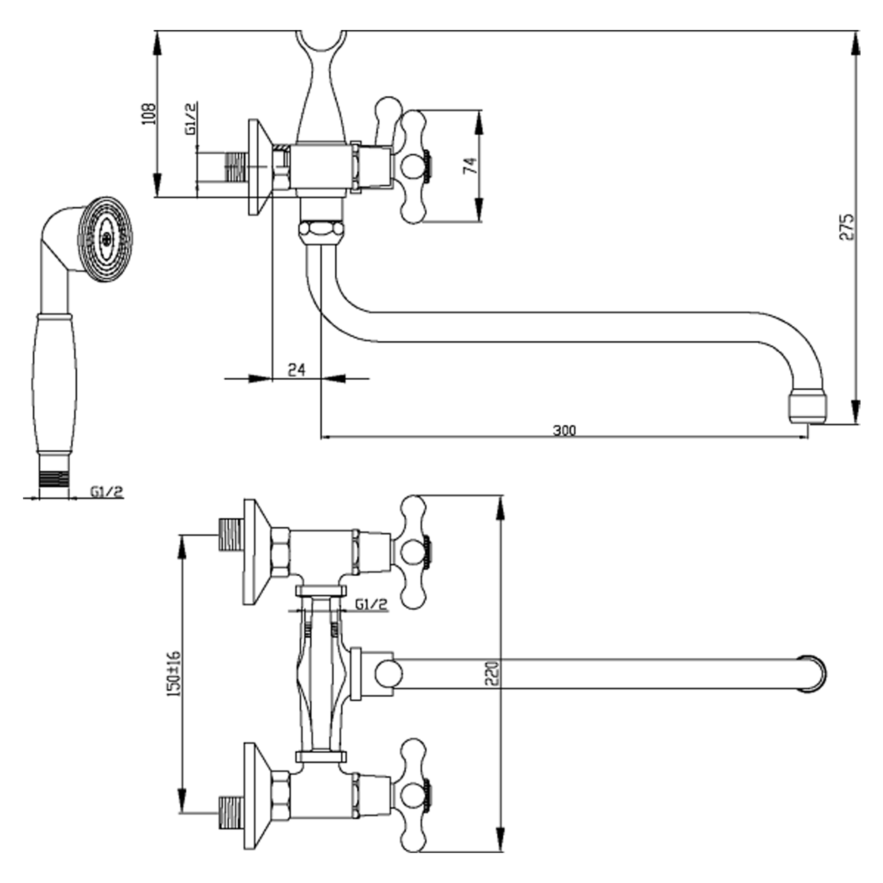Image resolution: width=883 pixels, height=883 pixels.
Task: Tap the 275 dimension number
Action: [847, 226]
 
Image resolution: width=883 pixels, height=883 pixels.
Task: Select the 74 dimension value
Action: [470, 166]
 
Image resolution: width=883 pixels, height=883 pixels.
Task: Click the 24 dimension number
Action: [297, 369]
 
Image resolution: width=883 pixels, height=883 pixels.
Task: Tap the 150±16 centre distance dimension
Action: [175, 674]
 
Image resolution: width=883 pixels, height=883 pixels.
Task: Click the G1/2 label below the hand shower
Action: [106, 492]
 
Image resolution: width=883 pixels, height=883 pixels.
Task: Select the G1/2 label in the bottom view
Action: [371, 605]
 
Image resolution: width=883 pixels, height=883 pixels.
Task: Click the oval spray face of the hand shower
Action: [106, 239]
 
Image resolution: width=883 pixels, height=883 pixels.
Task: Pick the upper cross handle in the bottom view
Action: [414, 553]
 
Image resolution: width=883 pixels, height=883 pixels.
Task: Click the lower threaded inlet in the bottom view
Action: [231, 813]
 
